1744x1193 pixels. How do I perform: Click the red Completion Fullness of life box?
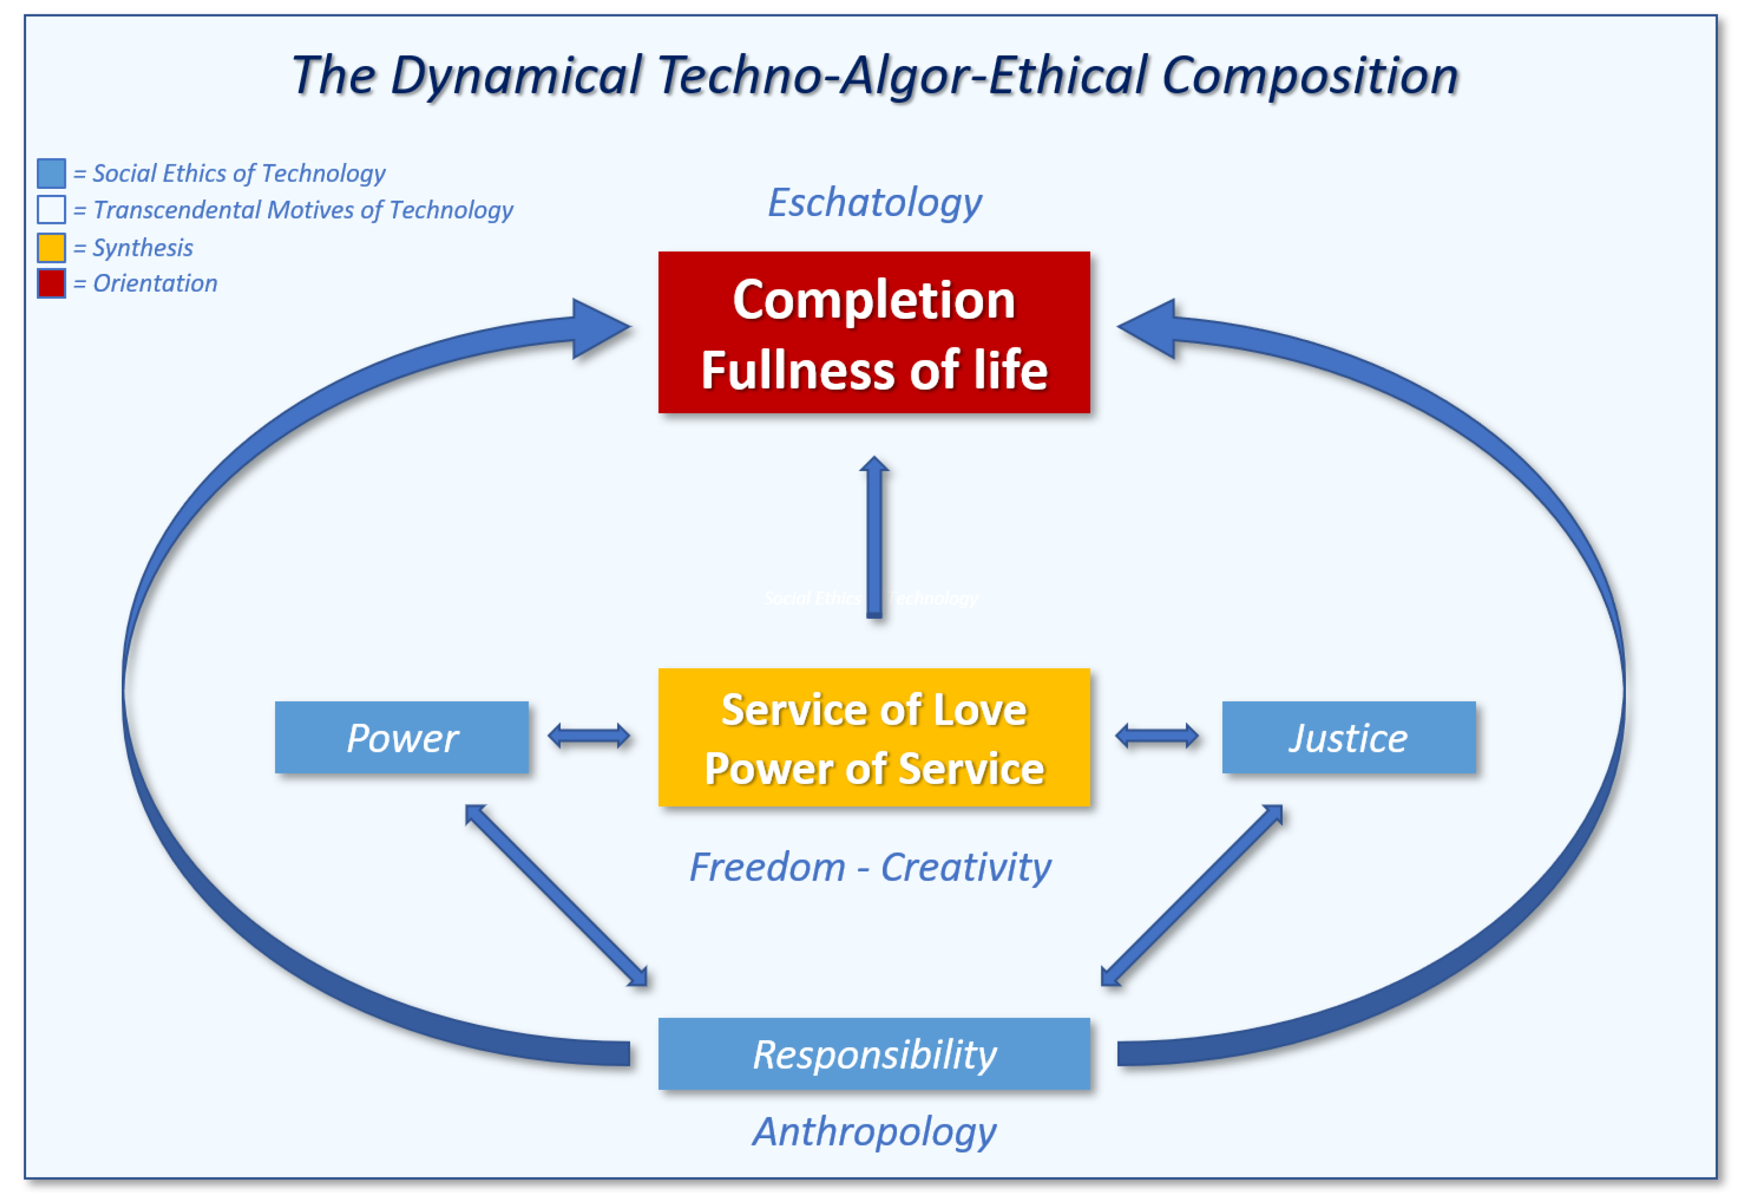pos(874,332)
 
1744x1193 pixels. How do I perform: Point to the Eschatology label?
pos(874,203)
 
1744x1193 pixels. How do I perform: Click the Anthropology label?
pos(874,1131)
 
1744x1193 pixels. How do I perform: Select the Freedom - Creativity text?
pos(870,867)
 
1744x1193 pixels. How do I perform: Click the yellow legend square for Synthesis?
pos(51,247)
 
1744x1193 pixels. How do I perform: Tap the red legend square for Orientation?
pos(51,283)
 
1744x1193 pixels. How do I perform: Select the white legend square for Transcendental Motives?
pos(51,210)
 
